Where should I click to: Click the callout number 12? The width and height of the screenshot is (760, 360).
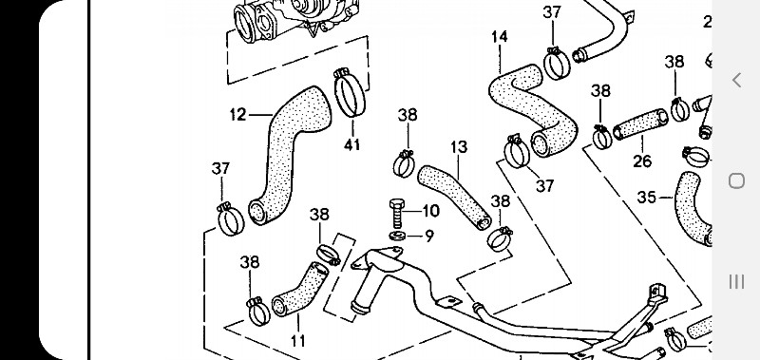237,115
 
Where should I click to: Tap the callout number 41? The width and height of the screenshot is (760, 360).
352,144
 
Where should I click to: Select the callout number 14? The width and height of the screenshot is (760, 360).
500,37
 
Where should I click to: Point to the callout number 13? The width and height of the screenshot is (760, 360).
459,147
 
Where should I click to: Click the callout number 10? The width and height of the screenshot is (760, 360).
431,211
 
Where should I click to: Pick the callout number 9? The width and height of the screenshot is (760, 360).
429,236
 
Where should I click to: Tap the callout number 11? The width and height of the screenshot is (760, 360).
297,341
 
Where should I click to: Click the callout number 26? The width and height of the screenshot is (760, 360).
642,161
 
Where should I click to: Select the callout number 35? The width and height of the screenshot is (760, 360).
647,198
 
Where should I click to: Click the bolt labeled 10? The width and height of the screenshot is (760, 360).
397,213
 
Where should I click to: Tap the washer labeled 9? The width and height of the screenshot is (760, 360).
398,236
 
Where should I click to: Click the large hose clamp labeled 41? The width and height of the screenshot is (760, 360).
350,92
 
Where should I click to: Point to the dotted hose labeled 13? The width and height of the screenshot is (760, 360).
454,198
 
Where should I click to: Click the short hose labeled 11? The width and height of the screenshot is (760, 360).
299,290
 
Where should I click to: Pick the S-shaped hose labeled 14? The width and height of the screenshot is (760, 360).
533,110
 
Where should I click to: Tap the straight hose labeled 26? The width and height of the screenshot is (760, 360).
640,124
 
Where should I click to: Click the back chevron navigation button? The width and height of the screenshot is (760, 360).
736,80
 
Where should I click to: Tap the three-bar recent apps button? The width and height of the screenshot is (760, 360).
736,281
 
